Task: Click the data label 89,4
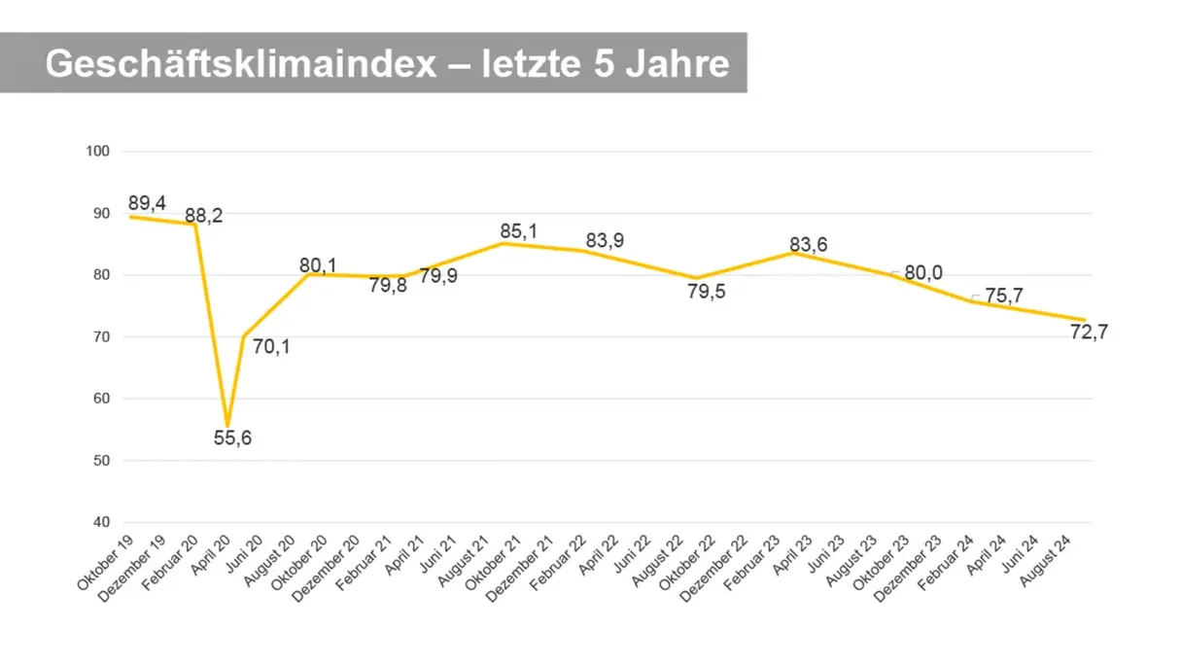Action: (x=148, y=202)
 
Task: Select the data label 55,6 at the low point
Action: (x=232, y=438)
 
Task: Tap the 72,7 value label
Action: (x=1089, y=332)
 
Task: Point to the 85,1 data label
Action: (x=518, y=230)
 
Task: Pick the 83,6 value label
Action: (x=808, y=245)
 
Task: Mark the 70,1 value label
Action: (x=271, y=345)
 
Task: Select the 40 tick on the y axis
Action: (x=100, y=522)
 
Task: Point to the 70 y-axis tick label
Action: (x=100, y=337)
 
